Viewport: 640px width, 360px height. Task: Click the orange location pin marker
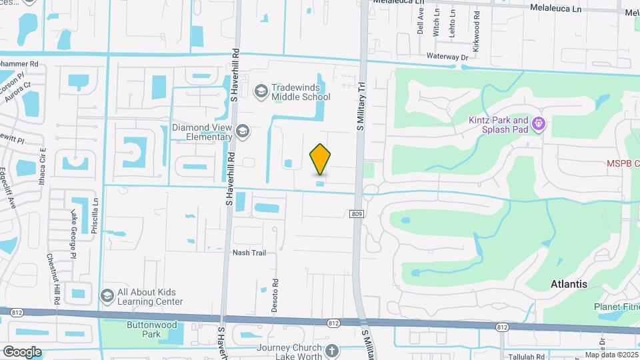point(321,159)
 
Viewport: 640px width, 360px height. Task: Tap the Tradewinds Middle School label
point(301,92)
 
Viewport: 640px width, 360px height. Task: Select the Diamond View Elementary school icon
point(242,131)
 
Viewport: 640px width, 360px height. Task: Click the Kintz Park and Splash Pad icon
point(539,124)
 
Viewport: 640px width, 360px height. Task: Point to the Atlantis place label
point(569,284)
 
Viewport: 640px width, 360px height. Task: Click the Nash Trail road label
point(249,253)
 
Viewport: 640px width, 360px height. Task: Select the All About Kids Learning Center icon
point(107,295)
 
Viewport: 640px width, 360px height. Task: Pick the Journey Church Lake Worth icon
point(333,350)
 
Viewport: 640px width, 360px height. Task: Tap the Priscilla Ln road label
point(96,209)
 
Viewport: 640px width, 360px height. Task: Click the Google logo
point(21,351)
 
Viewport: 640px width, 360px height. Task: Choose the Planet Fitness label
point(617,307)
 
